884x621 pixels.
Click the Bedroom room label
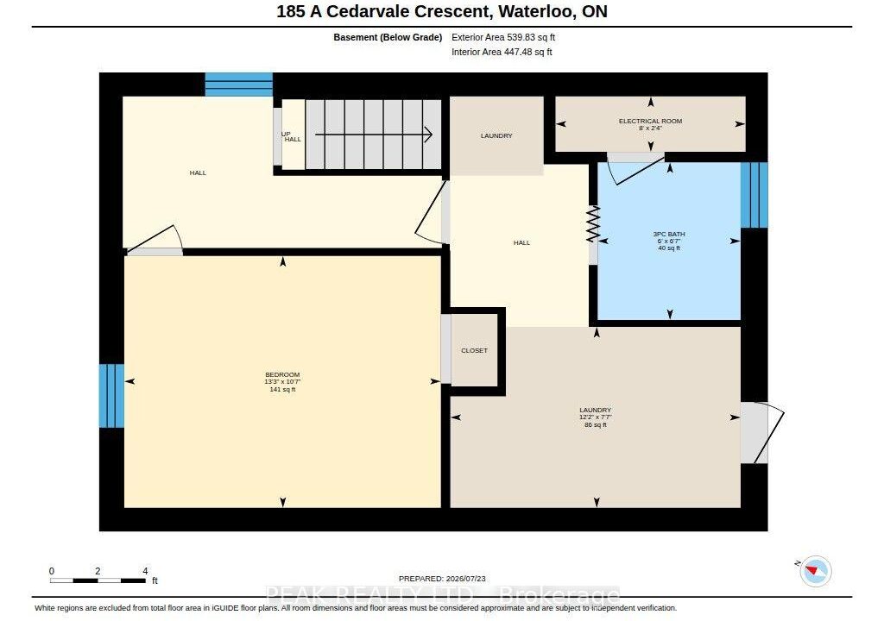pyautogui.click(x=282, y=374)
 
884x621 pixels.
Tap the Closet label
pyautogui.click(x=474, y=350)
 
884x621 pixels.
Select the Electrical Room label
pyautogui.click(x=650, y=121)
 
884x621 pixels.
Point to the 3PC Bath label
pyautogui.click(x=669, y=234)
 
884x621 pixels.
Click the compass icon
pyautogui.click(x=815, y=571)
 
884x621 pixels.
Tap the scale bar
pyautogui.click(x=98, y=580)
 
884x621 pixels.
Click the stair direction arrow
pyautogui.click(x=373, y=135)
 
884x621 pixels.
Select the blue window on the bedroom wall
pyautogui.click(x=111, y=396)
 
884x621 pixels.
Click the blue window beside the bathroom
pyautogui.click(x=755, y=195)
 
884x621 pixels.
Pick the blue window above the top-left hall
pyautogui.click(x=238, y=85)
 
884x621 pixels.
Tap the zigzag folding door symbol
pyautogui.click(x=593, y=223)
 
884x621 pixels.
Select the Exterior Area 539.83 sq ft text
pyautogui.click(x=503, y=37)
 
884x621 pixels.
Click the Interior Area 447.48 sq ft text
pyautogui.click(x=502, y=52)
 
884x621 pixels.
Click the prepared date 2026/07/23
pyautogui.click(x=465, y=579)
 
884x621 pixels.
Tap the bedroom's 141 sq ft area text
pyautogui.click(x=282, y=389)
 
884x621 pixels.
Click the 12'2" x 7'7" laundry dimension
pyautogui.click(x=596, y=417)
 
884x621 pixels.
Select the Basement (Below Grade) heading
pyautogui.click(x=388, y=37)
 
